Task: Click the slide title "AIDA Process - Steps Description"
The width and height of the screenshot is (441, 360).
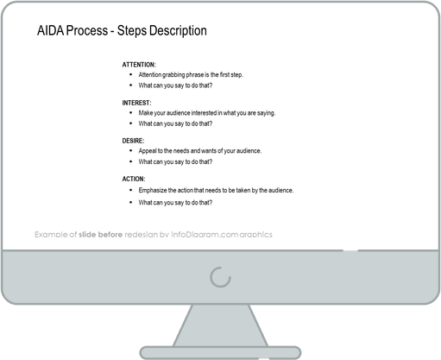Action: pos(122,32)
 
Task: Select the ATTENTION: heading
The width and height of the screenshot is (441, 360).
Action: pos(138,65)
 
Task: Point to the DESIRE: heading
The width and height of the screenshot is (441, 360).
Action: pos(133,140)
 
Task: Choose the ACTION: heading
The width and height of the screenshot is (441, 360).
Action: pos(133,179)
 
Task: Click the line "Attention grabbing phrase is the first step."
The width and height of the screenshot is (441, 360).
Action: pos(190,75)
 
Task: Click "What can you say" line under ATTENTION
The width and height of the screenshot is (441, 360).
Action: pos(175,86)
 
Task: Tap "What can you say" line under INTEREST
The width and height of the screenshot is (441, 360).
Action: pos(175,124)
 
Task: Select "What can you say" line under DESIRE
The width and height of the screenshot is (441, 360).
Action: pos(175,162)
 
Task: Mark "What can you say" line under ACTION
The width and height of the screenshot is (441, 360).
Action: pos(175,202)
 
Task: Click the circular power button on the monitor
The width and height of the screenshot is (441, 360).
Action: pos(221,276)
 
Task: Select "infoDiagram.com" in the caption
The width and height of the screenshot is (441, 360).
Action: pos(209,235)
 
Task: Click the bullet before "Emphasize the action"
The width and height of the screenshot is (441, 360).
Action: pos(130,189)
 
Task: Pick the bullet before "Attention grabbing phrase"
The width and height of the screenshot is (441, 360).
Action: pos(130,75)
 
